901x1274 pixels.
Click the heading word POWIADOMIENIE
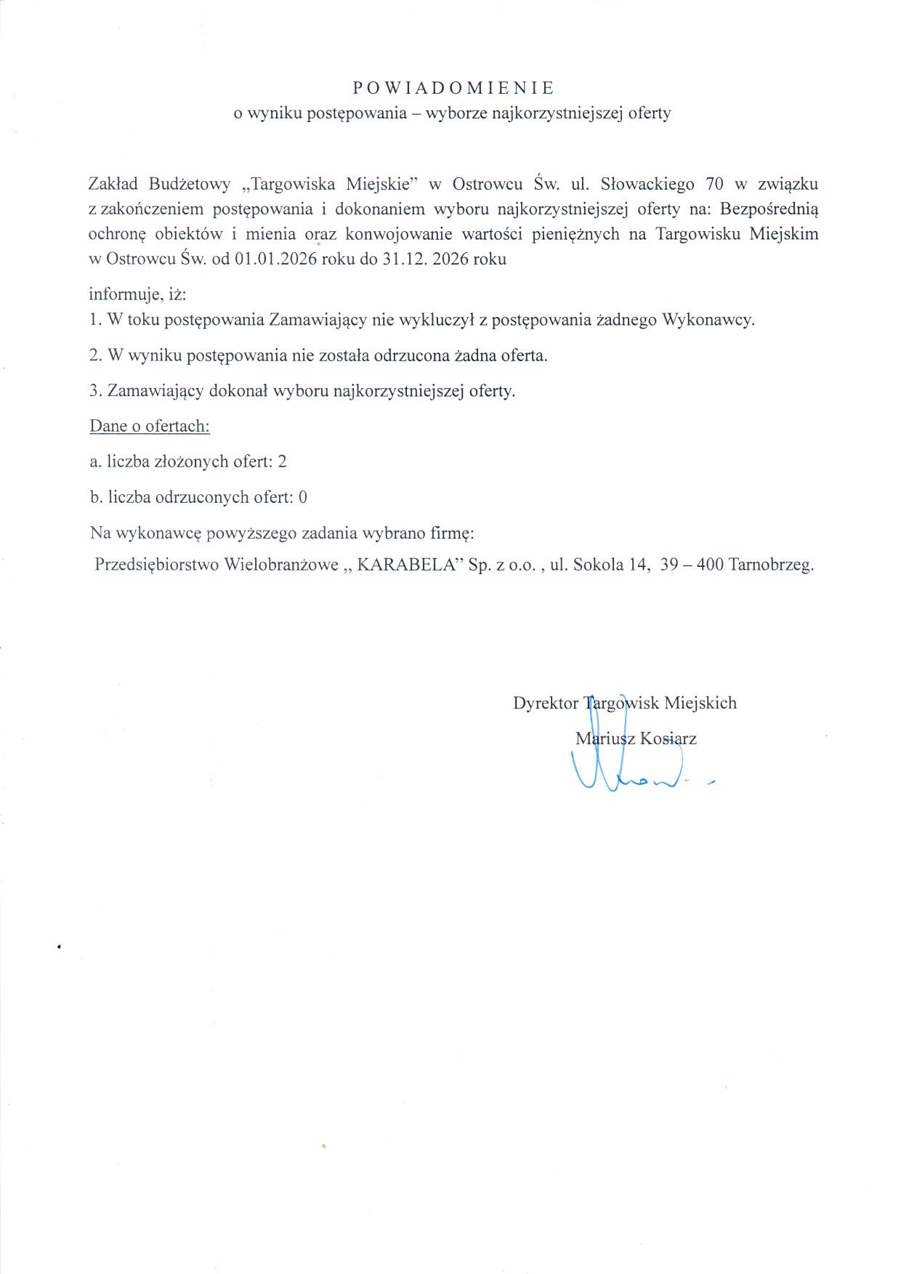(x=453, y=88)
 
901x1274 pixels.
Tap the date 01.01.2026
(x=275, y=259)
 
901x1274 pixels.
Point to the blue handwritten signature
(x=625, y=770)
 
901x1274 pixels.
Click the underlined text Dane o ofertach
(x=150, y=426)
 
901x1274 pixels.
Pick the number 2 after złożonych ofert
(x=282, y=461)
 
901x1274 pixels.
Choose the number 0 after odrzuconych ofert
(x=303, y=497)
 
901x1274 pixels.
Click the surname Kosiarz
(x=668, y=739)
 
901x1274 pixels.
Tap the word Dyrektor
(x=545, y=703)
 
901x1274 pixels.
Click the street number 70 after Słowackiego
(x=715, y=184)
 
